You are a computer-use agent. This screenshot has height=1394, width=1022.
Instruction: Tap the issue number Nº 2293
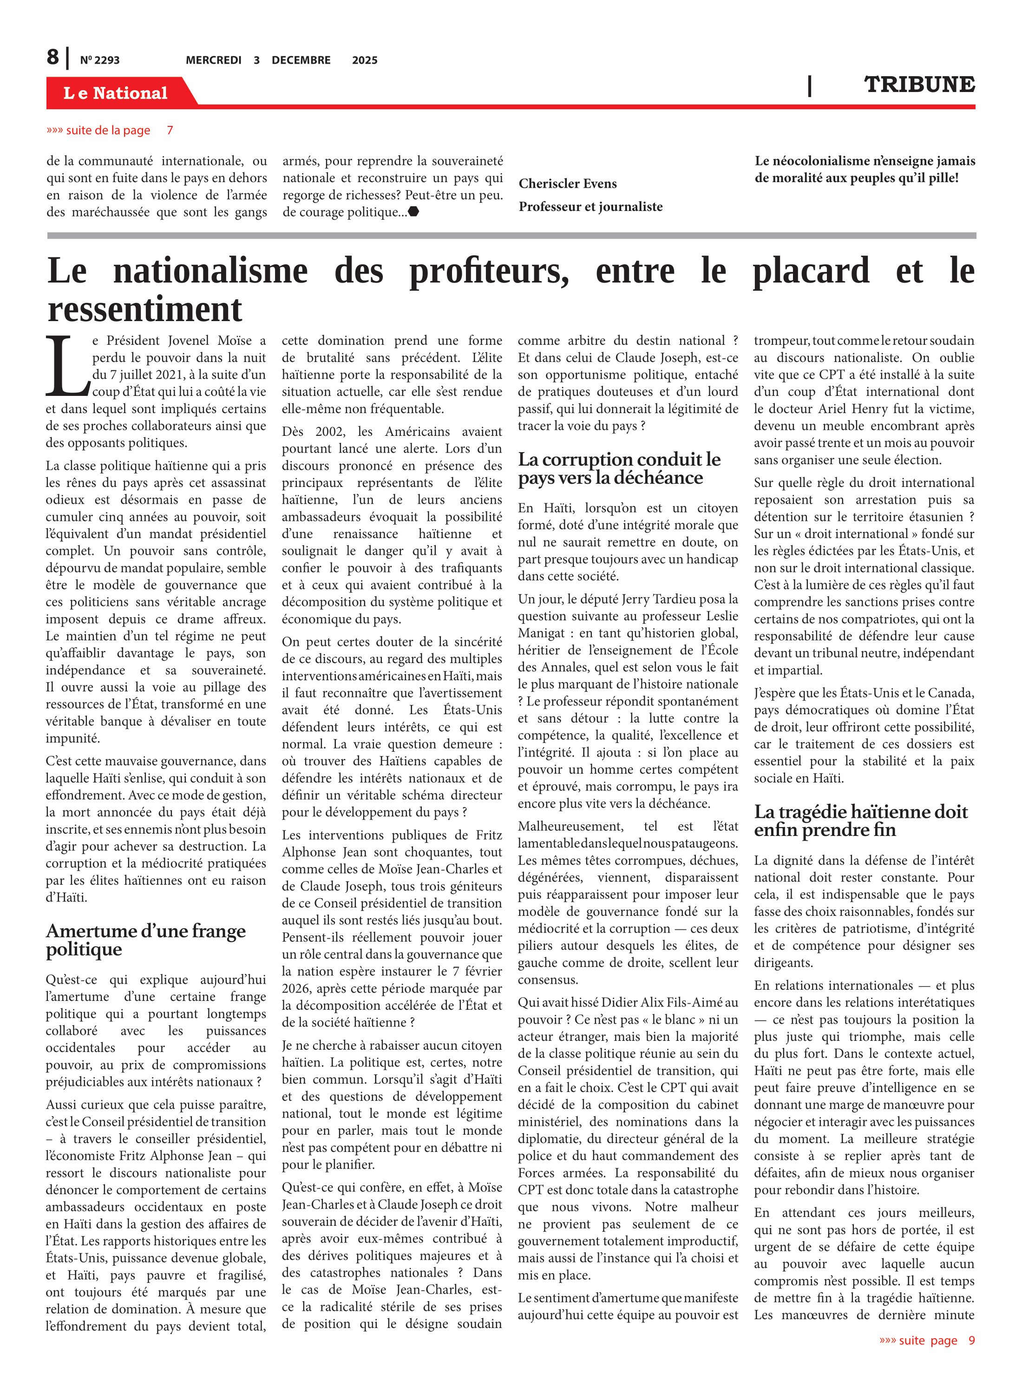(99, 60)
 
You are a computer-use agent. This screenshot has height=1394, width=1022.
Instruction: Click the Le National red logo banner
(116, 93)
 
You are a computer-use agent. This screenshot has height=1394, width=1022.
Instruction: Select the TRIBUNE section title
(919, 84)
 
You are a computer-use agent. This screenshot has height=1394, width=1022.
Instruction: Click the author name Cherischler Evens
(567, 183)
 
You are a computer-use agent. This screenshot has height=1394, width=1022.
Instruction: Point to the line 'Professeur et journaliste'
(590, 207)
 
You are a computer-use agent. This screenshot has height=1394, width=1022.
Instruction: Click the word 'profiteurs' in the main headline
(489, 271)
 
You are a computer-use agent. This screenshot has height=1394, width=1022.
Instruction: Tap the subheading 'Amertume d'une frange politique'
(145, 939)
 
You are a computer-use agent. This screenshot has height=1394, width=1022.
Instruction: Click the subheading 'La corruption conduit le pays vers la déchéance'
(619, 468)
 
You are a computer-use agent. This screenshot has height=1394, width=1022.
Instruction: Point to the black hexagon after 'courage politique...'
(414, 211)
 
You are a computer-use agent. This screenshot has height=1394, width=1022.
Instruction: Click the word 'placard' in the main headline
(811, 271)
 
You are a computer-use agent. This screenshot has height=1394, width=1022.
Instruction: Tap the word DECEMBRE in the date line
(301, 60)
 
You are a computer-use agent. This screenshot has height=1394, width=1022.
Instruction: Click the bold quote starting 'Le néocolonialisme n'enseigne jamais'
(864, 169)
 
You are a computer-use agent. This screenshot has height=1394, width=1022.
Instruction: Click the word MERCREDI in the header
(213, 60)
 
